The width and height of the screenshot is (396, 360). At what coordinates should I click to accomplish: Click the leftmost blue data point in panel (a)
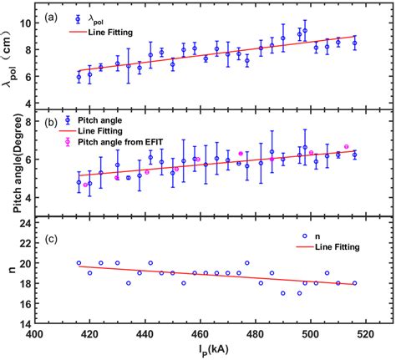click(x=79, y=77)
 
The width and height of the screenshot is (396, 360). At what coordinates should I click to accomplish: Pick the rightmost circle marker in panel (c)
click(x=354, y=283)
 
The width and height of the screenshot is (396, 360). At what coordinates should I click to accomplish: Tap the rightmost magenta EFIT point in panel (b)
click(x=346, y=146)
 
